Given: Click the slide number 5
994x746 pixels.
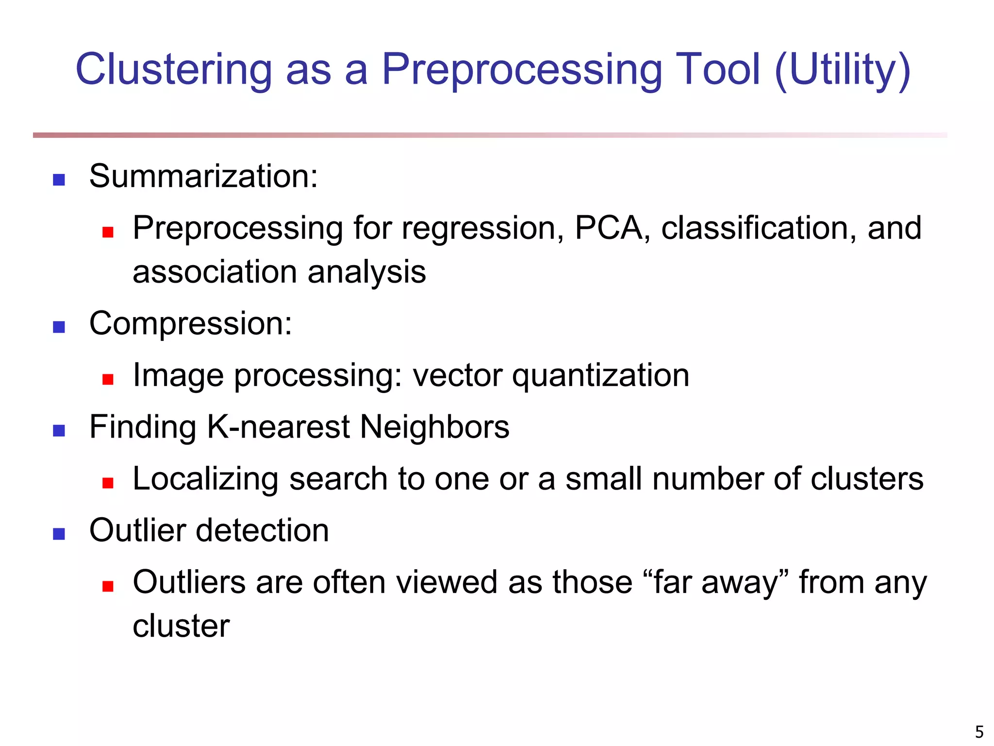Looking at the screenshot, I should (x=979, y=731).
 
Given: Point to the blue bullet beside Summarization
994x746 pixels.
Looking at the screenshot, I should (x=59, y=180).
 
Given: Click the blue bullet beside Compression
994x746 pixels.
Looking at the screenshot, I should (x=59, y=327).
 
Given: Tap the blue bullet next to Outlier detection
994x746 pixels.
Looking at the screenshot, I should (x=59, y=534).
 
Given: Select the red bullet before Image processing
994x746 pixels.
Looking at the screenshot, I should (x=108, y=379).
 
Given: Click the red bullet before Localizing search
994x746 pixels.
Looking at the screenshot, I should (x=108, y=482).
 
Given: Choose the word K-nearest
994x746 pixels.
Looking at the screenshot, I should (x=278, y=426).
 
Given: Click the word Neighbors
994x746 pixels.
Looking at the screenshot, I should (x=434, y=426).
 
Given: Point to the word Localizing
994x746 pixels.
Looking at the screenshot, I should (x=205, y=478).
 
